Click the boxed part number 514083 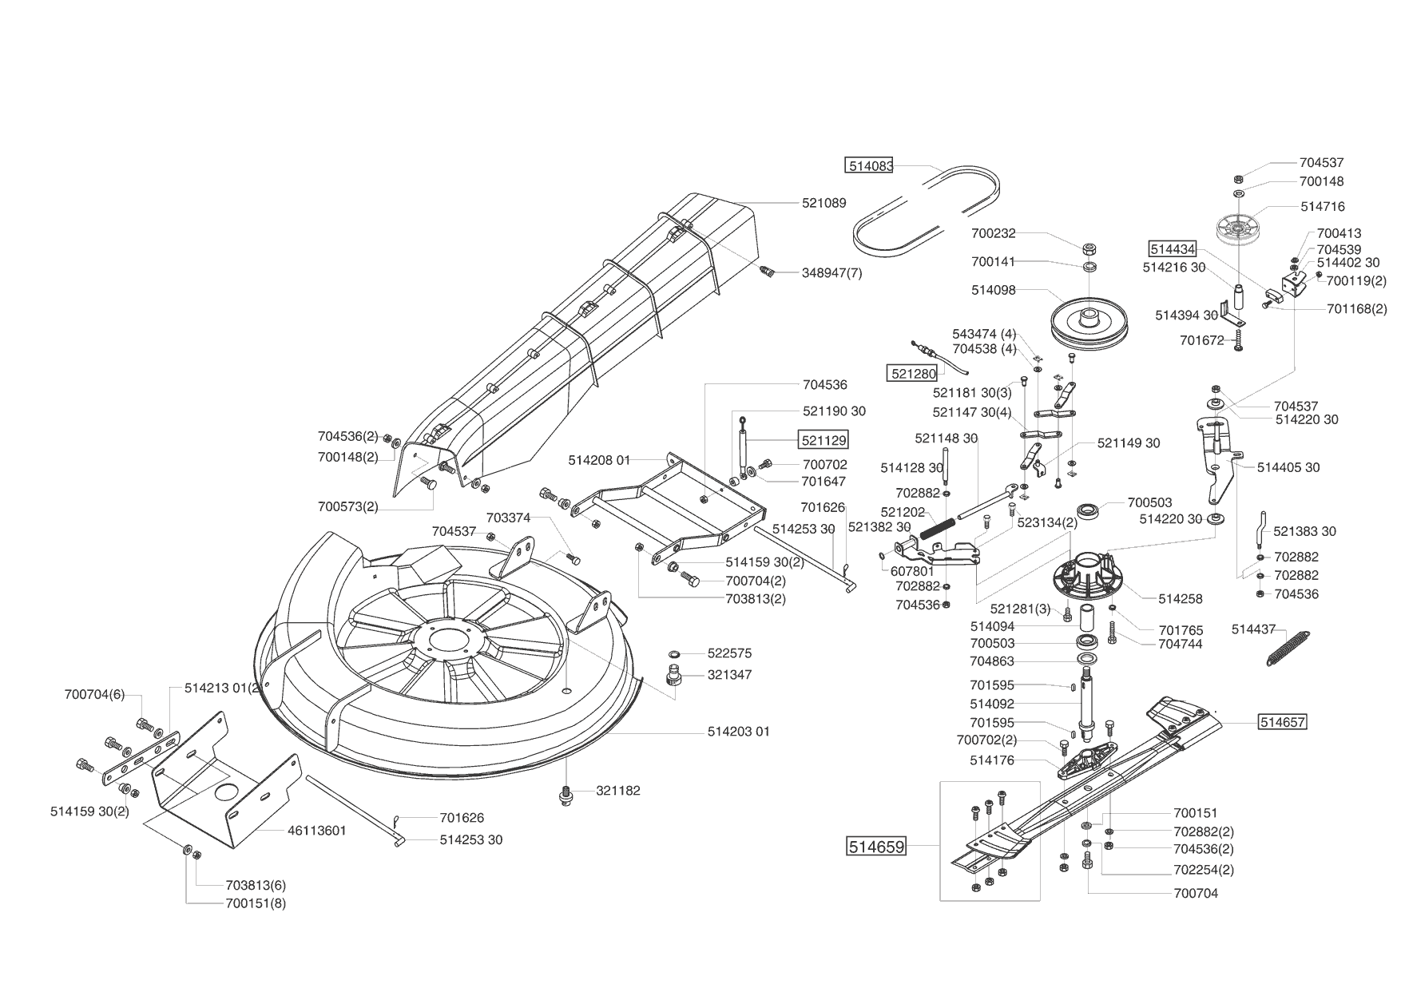(868, 166)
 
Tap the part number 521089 (824, 204)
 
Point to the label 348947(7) (831, 273)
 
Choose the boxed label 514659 (876, 846)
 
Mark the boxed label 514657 (1282, 722)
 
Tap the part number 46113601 (316, 831)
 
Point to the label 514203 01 (738, 732)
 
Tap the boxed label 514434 (1172, 248)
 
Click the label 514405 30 (1288, 468)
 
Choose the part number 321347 (729, 675)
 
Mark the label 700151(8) (256, 903)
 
